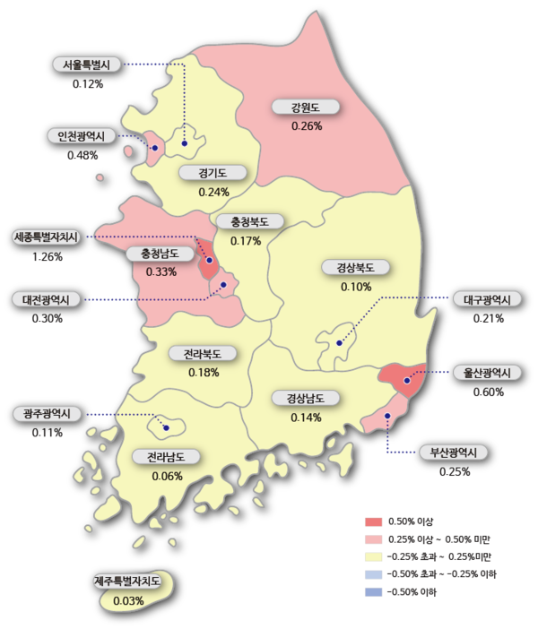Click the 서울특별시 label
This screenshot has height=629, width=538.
(86, 65)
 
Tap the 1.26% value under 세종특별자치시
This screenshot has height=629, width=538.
(47, 257)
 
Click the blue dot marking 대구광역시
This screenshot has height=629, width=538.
(339, 343)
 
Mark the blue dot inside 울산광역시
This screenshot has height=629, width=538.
(407, 381)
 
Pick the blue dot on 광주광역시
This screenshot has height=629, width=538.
(166, 427)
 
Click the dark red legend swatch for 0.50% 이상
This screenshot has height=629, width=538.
(375, 521)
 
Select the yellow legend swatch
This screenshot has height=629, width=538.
(375, 556)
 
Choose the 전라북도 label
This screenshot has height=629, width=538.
(204, 354)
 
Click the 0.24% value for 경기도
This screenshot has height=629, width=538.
(214, 191)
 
